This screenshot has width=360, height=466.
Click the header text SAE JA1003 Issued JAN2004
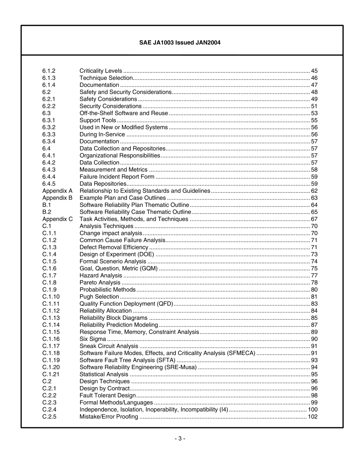(180, 43)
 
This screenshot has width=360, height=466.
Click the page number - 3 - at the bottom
(180, 439)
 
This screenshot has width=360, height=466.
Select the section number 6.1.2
(49, 71)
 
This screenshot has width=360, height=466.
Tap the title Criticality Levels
(101, 71)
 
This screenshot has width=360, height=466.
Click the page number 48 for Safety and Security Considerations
(314, 92)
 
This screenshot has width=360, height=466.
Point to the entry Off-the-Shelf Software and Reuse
(124, 113)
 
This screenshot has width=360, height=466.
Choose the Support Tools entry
(98, 120)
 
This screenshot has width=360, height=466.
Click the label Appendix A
(57, 191)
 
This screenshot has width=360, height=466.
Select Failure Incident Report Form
(117, 177)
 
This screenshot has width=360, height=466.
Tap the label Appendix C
(58, 219)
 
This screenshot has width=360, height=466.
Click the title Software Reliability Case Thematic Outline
(135, 212)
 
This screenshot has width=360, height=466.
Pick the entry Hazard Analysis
(101, 276)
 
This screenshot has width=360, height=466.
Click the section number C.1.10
(51, 297)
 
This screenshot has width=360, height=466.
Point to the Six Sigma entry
(93, 339)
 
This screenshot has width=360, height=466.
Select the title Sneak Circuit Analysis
(109, 346)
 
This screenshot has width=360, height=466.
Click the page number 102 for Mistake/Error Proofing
(313, 417)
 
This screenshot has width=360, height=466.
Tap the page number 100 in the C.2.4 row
(313, 410)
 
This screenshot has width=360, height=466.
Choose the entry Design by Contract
(105, 388)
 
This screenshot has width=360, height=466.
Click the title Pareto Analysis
(100, 283)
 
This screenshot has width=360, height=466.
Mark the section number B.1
(47, 205)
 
